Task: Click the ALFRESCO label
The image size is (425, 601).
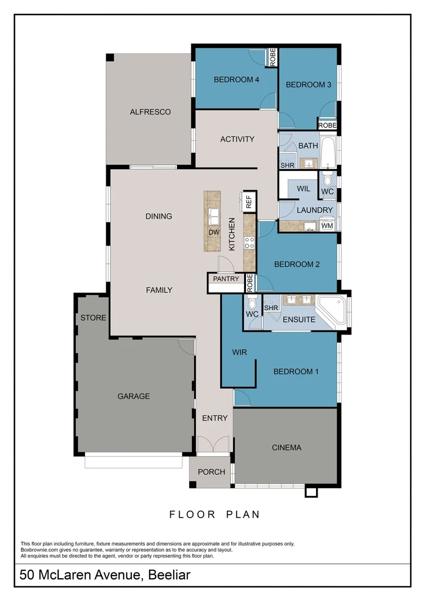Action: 150,112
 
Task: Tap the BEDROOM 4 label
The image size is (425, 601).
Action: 236,80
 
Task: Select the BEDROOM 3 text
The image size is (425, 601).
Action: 309,85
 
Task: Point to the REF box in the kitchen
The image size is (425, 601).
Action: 248,201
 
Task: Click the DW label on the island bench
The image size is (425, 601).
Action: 214,232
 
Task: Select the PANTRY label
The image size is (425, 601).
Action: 226,279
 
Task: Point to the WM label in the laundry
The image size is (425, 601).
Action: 327,226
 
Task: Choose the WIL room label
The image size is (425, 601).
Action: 303,189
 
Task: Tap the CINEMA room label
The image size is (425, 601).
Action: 286,447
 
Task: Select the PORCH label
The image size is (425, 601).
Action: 212,472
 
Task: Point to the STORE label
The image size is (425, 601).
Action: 93,318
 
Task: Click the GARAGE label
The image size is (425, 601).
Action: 134,396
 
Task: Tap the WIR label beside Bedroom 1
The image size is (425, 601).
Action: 239,352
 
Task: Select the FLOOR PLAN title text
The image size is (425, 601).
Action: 214,515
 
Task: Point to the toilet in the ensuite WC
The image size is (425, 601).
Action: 252,304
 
